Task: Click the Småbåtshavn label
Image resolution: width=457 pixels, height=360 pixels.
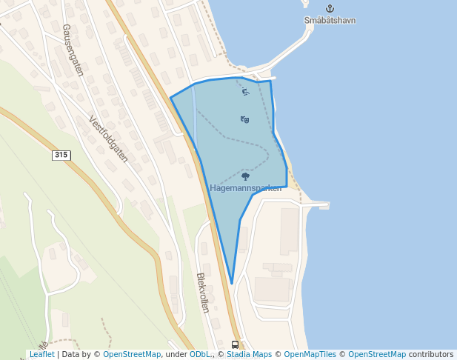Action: click(x=330, y=20)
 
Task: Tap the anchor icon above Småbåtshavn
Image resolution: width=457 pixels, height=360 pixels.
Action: click(x=330, y=8)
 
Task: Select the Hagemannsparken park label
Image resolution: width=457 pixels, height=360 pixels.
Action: click(x=251, y=188)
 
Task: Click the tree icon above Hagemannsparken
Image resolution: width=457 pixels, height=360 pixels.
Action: click(x=246, y=176)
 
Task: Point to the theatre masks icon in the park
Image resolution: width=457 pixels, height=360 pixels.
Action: click(x=244, y=119)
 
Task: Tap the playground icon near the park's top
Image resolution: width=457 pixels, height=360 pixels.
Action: click(x=245, y=92)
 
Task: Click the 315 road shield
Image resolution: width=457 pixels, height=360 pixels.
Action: click(x=61, y=155)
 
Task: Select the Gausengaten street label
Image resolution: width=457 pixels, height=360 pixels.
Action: click(x=73, y=50)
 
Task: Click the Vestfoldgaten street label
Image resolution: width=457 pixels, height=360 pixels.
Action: click(x=108, y=139)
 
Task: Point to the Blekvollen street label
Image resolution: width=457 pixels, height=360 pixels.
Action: click(x=203, y=293)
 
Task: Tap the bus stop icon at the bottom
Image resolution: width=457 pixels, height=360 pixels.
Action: click(x=236, y=344)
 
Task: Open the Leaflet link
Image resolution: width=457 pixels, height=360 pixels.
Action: click(x=41, y=354)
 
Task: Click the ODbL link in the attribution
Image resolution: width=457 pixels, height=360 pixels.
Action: click(x=200, y=354)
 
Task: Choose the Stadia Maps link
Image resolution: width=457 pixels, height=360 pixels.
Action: click(x=249, y=354)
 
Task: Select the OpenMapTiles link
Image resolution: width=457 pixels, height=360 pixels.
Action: click(x=311, y=354)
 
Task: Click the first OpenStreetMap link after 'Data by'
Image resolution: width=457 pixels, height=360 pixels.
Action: click(x=132, y=354)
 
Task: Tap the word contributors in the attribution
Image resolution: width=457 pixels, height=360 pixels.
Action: click(x=431, y=354)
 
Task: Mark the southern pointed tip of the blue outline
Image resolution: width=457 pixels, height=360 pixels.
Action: click(x=232, y=283)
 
